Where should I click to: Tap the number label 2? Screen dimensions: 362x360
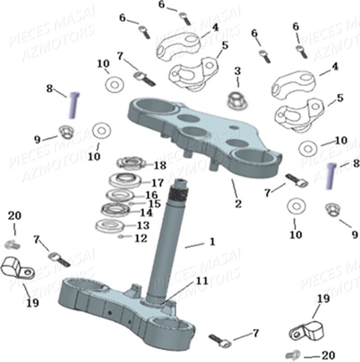(238, 203)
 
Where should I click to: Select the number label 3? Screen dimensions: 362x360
(237, 71)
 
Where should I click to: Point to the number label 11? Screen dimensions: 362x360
(202, 281)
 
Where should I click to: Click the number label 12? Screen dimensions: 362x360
(140, 238)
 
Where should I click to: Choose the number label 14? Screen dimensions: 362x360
(146, 212)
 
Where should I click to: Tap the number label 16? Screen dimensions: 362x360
(151, 195)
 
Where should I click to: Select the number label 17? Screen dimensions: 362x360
(157, 183)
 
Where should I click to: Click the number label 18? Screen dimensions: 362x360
(160, 165)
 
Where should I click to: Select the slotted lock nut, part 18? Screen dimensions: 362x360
(129, 163)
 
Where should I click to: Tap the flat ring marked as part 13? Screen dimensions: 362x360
(108, 225)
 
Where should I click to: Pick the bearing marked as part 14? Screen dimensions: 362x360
(114, 210)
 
